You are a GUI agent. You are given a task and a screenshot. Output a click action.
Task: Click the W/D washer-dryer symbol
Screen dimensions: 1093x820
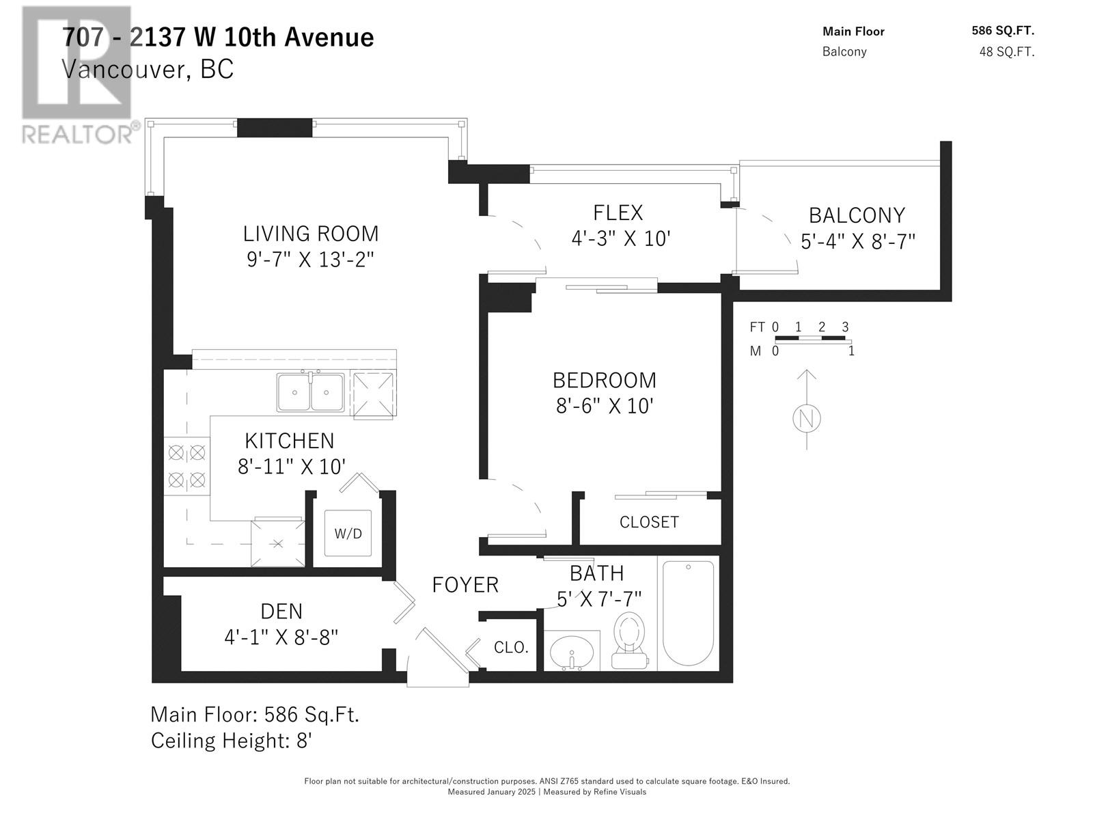(x=348, y=533)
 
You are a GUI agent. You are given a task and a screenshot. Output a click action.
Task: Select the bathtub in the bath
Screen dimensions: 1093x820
(x=688, y=613)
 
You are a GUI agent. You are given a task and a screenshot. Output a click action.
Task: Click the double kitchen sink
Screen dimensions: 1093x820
(x=310, y=392)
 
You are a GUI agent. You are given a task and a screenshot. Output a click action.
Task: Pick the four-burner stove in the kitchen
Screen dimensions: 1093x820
(x=186, y=466)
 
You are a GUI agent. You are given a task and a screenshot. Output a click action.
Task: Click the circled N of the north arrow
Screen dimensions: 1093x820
(x=807, y=418)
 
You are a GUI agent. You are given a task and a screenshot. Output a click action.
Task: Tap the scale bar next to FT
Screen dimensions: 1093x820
(x=810, y=338)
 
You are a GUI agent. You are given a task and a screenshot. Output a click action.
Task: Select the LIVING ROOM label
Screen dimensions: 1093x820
(x=311, y=234)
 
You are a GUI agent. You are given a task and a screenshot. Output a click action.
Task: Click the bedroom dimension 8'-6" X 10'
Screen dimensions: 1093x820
(x=605, y=406)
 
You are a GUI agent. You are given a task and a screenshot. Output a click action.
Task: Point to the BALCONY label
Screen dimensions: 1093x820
(x=857, y=215)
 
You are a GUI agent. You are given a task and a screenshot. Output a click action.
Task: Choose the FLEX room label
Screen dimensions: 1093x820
(x=618, y=213)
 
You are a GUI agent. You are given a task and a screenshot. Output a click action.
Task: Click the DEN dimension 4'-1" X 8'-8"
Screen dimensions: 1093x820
(x=281, y=637)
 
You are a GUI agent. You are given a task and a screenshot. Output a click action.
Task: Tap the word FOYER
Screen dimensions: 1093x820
(x=465, y=585)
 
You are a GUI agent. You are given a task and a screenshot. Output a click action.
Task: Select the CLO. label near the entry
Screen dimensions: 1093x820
(x=511, y=647)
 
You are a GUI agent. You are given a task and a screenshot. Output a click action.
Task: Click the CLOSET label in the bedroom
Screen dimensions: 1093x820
(x=649, y=522)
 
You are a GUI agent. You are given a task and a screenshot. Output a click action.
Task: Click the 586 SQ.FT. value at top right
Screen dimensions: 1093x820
(x=1003, y=30)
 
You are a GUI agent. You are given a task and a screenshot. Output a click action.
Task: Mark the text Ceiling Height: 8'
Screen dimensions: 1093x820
(x=232, y=741)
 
